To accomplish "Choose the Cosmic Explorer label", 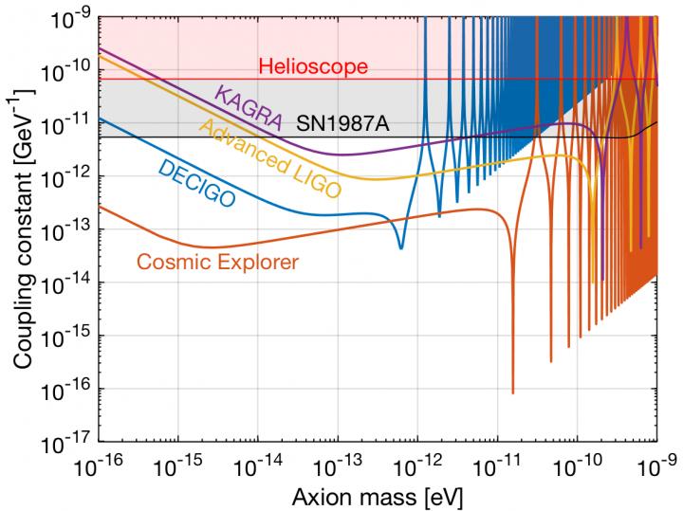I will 217,262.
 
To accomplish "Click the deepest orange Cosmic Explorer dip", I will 513,392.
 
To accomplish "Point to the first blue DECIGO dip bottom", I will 400,247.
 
